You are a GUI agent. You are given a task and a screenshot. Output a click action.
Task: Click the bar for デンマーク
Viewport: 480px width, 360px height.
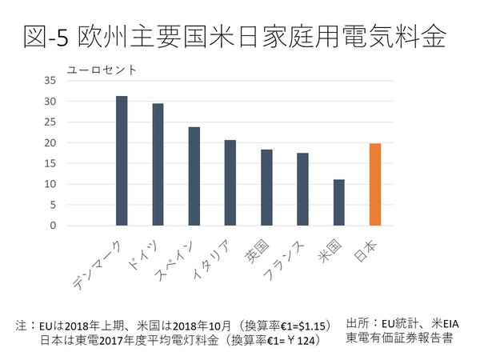(122, 161)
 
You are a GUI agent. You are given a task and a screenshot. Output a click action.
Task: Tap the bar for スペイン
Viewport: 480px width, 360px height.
(194, 176)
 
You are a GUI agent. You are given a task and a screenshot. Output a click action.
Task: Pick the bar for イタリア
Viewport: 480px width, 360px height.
(230, 182)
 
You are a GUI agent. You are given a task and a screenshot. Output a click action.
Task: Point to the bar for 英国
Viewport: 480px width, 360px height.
(266, 187)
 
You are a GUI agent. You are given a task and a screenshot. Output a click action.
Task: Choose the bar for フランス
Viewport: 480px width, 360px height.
(302, 189)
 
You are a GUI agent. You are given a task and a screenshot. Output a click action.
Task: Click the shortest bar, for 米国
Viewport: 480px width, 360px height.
(338, 202)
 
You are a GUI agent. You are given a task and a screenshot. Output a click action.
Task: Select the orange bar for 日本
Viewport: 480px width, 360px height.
(374, 184)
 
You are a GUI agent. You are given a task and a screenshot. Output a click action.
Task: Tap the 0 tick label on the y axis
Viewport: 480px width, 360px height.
(52, 226)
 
